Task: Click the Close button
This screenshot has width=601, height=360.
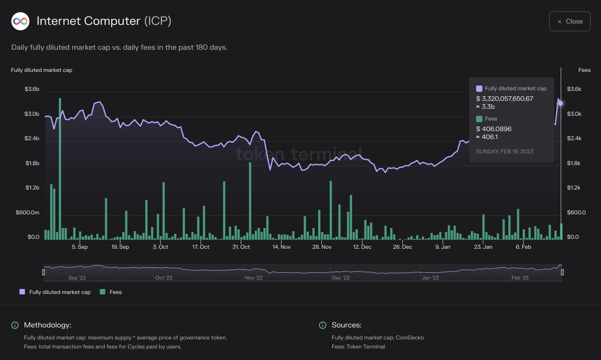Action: [x=569, y=22]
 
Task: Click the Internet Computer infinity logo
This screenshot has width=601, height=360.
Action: [x=20, y=22]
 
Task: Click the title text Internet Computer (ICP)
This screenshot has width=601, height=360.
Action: [x=104, y=22]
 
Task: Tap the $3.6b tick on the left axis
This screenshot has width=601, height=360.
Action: [x=32, y=89]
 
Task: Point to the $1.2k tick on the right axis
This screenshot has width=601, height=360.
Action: [x=574, y=188]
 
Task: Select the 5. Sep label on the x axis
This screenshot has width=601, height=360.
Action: [x=80, y=247]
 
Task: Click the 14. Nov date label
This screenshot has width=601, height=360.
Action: [x=281, y=247]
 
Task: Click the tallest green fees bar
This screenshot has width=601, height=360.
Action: [x=60, y=168]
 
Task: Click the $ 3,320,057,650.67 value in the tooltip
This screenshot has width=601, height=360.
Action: [x=504, y=99]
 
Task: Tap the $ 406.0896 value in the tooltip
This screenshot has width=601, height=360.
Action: [x=494, y=129]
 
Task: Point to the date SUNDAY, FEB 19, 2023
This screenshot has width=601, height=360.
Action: [x=504, y=151]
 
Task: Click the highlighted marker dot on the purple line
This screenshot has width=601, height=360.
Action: [x=561, y=104]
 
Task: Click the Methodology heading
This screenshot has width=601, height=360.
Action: [x=48, y=325]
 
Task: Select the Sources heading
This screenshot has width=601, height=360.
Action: [x=346, y=325]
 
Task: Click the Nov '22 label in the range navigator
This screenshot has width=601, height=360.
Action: [x=254, y=277]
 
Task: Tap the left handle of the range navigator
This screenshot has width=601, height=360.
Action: [x=44, y=272]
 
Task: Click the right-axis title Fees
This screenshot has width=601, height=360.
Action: [x=584, y=70]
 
